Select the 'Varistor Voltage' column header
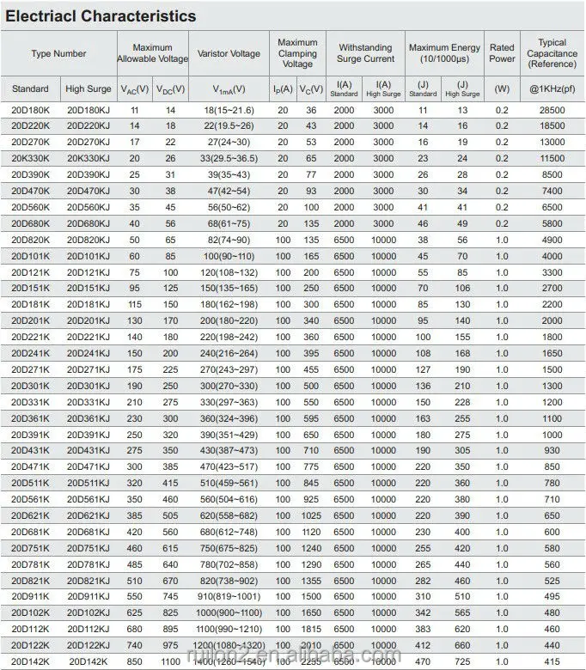point(228,53)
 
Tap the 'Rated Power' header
point(502,53)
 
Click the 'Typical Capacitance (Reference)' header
point(552,53)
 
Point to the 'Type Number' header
point(58,53)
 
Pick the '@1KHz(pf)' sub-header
point(552,89)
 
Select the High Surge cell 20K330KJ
point(89,158)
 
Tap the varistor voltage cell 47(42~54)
point(228,191)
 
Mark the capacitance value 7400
point(552,191)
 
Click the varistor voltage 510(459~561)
point(228,483)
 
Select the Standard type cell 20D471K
point(31,466)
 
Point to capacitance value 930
point(552,450)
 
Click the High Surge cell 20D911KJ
point(89,596)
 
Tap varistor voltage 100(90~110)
point(228,256)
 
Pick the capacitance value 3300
point(552,271)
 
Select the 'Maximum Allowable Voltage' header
point(152,53)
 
